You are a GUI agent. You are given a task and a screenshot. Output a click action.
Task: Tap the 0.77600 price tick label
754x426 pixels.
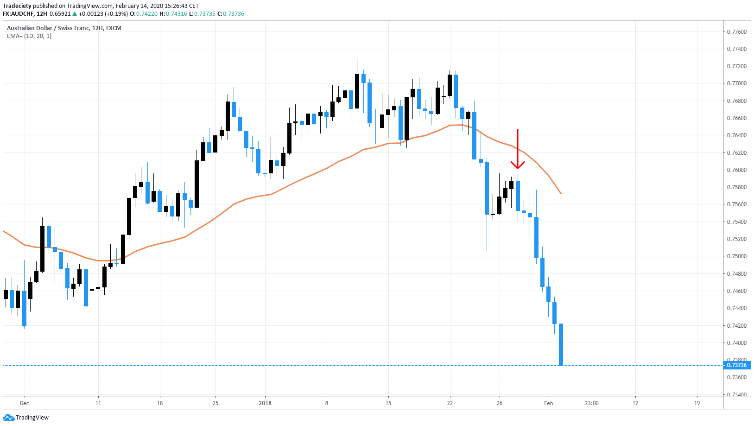736,32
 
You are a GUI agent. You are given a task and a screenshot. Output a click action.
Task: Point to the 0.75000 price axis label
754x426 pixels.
736,256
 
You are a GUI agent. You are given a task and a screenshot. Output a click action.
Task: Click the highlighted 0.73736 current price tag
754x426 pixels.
736,365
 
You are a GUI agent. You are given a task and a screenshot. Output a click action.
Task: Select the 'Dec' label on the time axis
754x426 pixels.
24,403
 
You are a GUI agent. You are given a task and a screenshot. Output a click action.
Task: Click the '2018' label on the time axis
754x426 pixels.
265,403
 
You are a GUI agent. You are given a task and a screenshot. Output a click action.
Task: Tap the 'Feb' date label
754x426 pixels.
548,403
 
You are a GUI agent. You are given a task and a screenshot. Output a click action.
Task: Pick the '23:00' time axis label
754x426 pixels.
591,403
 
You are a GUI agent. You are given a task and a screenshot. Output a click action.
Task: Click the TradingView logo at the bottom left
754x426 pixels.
26,418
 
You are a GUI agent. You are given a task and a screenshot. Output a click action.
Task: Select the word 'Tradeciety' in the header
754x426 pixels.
17,6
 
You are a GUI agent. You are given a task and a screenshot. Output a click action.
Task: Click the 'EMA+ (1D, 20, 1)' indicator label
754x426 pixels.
29,36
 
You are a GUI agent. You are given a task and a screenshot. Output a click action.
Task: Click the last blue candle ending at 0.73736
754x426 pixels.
561,344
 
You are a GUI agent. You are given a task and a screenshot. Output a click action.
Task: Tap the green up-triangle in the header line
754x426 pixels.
75,14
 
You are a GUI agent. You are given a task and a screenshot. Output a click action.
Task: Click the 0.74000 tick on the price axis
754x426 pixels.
736,343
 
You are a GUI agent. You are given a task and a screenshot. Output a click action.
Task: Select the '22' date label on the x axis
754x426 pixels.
450,403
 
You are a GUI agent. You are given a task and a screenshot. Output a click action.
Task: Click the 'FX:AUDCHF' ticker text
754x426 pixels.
19,14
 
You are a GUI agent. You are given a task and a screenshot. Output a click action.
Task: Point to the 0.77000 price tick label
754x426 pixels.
736,84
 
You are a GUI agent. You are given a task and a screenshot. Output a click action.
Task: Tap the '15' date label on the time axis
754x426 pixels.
388,403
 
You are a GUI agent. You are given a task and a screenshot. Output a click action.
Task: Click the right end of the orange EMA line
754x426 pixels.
561,193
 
